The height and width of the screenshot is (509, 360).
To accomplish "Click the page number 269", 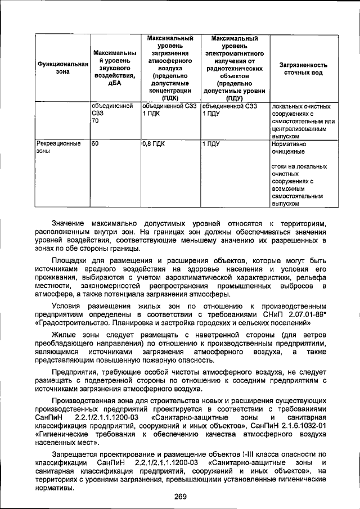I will [179, 497].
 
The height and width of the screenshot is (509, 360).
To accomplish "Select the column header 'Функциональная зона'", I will [63, 69].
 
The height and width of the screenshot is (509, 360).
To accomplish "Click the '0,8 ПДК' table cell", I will [155, 144].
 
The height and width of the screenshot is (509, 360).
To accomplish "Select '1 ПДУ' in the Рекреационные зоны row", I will [211, 144].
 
